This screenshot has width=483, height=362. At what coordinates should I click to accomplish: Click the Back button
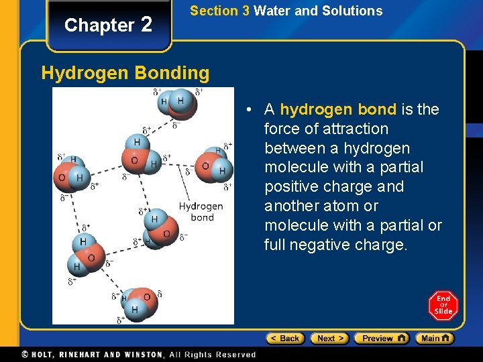(285, 339)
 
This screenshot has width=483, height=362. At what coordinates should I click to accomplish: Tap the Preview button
(381, 339)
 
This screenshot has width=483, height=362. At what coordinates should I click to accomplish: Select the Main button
(434, 339)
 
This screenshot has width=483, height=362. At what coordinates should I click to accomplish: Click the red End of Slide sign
(443, 306)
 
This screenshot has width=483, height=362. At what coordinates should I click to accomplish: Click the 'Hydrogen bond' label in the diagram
(201, 212)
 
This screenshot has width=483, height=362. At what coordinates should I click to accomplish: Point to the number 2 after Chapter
(147, 24)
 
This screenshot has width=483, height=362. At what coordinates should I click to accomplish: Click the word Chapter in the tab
(99, 25)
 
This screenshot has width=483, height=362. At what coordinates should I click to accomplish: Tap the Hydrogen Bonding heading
(125, 72)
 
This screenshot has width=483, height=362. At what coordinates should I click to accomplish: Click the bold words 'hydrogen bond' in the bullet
(338, 109)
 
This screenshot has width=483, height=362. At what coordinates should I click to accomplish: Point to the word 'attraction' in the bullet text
(356, 129)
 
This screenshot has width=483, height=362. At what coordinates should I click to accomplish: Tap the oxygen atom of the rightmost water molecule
(206, 166)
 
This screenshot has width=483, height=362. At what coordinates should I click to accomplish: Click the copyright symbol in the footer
(25, 355)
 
